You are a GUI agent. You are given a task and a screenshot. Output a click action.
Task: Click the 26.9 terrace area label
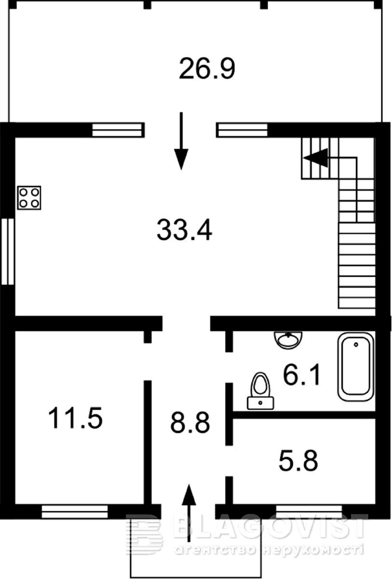point(207,69)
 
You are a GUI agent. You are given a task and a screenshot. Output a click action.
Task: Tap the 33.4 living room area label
point(184,230)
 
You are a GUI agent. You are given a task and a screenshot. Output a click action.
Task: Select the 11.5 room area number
point(75,418)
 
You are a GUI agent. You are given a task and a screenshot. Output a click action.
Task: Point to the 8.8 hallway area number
point(190,423)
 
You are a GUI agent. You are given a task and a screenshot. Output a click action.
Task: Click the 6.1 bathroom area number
point(302,374)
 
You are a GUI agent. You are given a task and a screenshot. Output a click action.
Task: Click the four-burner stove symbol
point(29,198)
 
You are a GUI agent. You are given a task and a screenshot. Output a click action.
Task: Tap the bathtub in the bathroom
point(356,367)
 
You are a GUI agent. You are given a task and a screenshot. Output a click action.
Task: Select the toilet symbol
point(260,391)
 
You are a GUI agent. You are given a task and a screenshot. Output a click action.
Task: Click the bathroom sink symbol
point(288,339)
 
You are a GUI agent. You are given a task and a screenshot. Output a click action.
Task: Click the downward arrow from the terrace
point(181,141)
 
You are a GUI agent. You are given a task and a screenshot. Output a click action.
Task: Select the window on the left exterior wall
point(8,251)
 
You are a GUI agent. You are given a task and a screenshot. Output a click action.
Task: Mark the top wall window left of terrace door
point(117,130)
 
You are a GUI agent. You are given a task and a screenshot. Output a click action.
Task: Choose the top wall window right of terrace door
point(243,130)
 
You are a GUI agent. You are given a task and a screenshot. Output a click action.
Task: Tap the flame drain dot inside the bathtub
point(356,345)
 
